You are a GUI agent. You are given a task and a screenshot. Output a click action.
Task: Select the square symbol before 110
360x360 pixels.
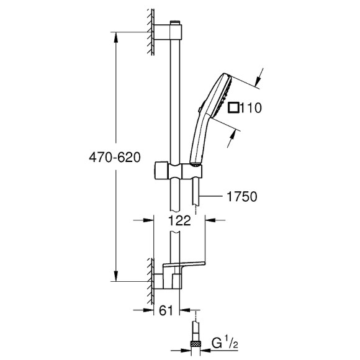233,107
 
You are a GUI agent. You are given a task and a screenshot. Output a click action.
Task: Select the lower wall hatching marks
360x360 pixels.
150,276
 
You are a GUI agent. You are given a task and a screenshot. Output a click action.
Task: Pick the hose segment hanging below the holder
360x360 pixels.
197,192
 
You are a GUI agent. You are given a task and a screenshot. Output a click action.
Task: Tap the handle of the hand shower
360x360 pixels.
200,140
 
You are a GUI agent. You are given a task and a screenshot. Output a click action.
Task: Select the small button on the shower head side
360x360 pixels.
199,110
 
